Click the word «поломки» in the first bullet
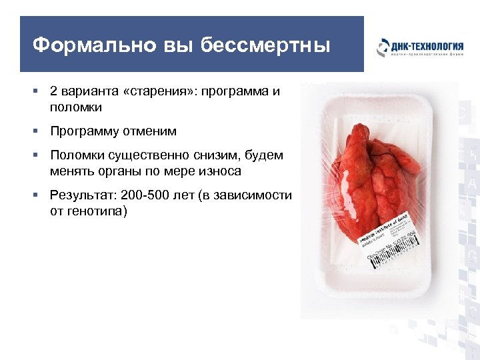[75, 107]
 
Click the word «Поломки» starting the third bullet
[75, 155]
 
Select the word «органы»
[139, 171]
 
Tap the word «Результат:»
[83, 195]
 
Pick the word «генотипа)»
[97, 211]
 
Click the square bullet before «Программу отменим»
[40, 131]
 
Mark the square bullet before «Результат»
[40, 195]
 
